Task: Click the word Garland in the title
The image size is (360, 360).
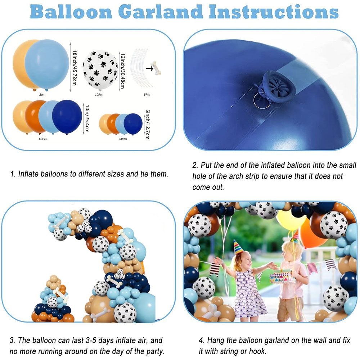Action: click(x=161, y=12)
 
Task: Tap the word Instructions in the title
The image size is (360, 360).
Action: click(x=274, y=12)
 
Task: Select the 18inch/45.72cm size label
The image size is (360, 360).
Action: click(x=75, y=68)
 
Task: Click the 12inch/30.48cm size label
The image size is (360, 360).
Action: click(x=123, y=71)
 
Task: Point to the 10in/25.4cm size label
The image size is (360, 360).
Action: click(x=87, y=118)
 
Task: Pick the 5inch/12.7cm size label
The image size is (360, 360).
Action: click(x=148, y=124)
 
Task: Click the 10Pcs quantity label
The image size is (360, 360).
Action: click(x=99, y=95)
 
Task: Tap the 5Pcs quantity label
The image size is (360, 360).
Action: click(x=147, y=95)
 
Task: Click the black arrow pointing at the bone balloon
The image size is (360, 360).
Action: click(x=149, y=68)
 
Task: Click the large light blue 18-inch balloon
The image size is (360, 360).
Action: click(x=47, y=64)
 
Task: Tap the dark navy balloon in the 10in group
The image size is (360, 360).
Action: click(x=67, y=117)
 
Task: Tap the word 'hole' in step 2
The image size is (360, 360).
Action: click(x=200, y=176)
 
